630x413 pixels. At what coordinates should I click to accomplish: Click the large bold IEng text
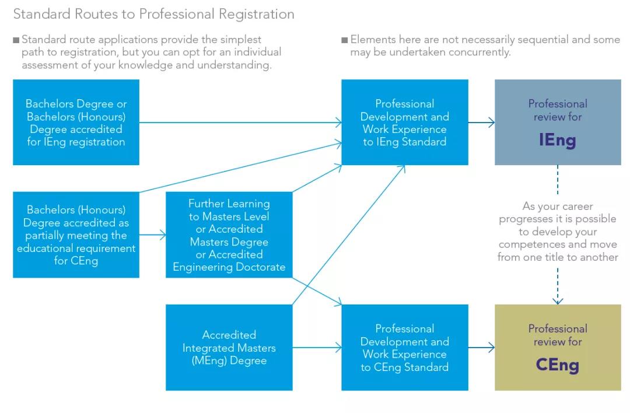tap(558, 140)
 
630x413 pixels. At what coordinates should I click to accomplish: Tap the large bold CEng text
tap(558, 365)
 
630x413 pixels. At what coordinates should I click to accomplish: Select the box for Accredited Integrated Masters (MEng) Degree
tap(229, 348)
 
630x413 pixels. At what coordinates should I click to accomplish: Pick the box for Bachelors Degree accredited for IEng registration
tap(76, 123)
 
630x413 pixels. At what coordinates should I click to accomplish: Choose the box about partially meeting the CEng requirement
tap(76, 235)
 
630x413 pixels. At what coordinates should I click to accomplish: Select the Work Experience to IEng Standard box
tap(404, 123)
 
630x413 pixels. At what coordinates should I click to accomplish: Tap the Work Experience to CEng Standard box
tap(404, 348)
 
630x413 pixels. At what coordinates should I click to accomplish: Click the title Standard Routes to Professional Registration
tap(153, 14)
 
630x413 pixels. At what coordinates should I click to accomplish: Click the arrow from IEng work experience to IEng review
tap(481, 123)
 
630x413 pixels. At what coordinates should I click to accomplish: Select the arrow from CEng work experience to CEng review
tap(481, 348)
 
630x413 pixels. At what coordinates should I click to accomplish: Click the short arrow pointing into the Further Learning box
tap(153, 236)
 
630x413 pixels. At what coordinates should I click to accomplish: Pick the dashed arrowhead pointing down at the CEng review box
tap(558, 300)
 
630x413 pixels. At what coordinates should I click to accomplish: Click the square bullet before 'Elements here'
tap(344, 40)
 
